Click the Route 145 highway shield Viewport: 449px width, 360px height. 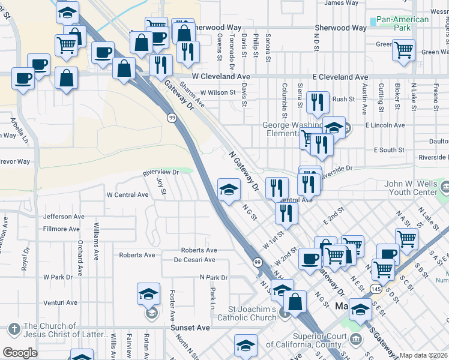click(x=376, y=289)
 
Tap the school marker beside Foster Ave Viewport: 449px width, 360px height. click(x=148, y=295)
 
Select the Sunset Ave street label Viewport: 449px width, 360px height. click(x=191, y=328)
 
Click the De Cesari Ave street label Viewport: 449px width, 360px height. click(x=194, y=260)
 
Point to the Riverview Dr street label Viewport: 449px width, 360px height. click(x=161, y=173)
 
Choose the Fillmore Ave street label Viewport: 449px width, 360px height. click(x=61, y=229)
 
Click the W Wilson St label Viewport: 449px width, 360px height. click(x=218, y=92)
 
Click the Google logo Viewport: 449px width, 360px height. click(x=20, y=352)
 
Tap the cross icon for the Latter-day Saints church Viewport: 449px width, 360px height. click(x=14, y=329)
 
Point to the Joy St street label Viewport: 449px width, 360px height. click(x=160, y=185)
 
